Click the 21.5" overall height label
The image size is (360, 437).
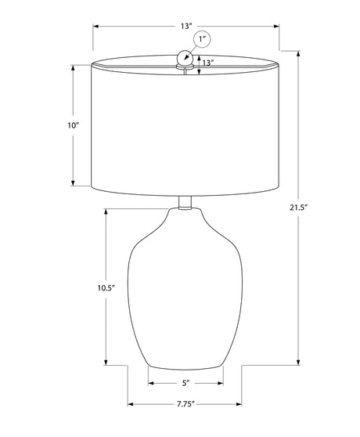(x=297, y=208)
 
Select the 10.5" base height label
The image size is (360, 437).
(x=106, y=288)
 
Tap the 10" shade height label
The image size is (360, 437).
(x=74, y=125)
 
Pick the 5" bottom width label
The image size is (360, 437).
(x=185, y=383)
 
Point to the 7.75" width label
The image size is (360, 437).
(x=185, y=404)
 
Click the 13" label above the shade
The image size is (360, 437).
(x=186, y=26)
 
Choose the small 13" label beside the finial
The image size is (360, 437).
(x=208, y=63)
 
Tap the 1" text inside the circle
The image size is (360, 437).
(x=202, y=39)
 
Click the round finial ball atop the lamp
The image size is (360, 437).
(x=185, y=57)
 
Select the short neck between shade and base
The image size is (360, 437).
(x=185, y=203)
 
